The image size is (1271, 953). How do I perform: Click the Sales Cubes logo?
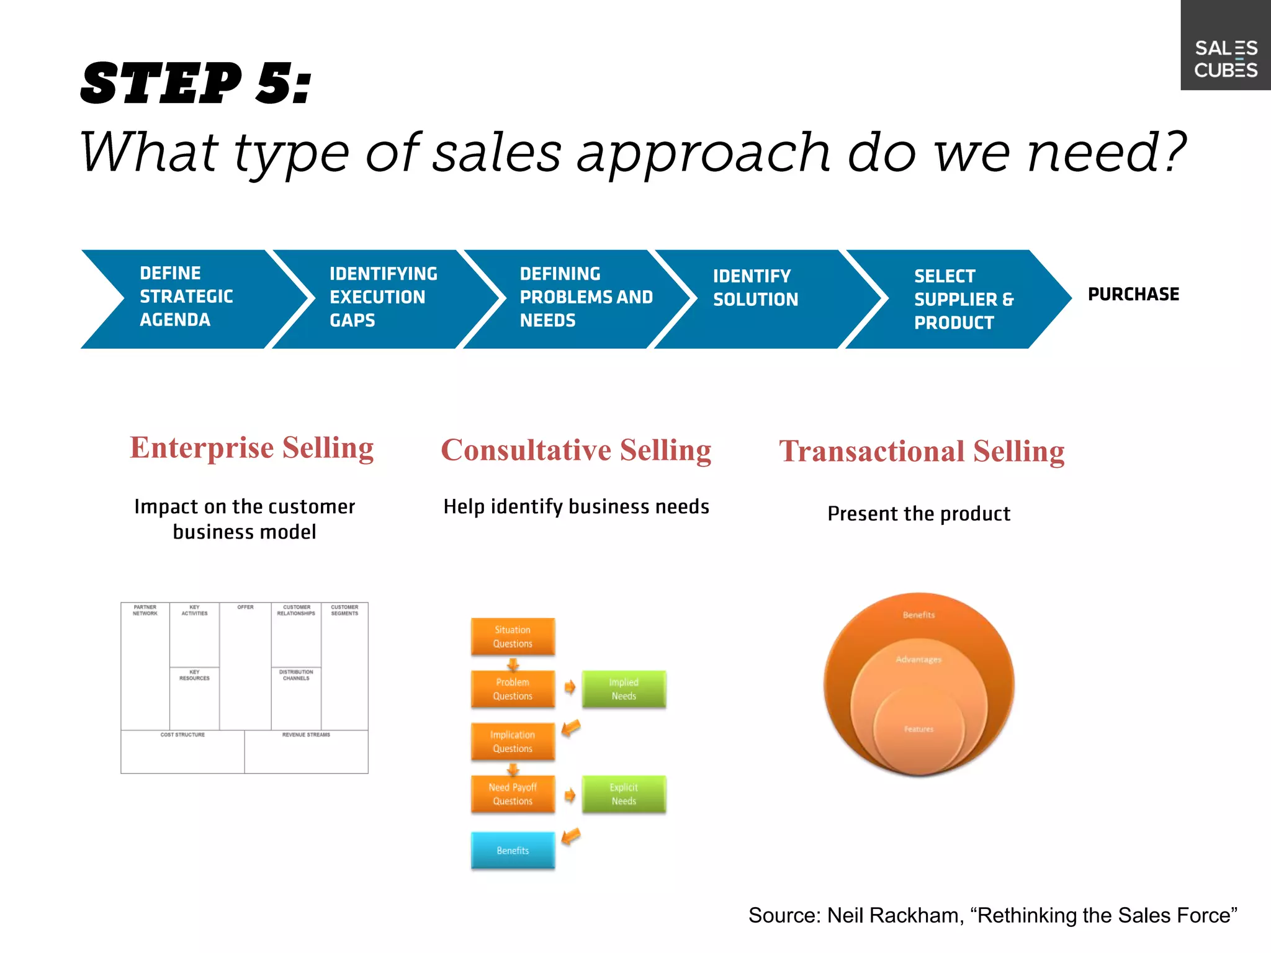[x=1226, y=58]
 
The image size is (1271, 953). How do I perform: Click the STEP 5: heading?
[x=196, y=83]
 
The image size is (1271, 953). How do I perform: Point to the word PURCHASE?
[x=1133, y=294]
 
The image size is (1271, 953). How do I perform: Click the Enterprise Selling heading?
[x=251, y=448]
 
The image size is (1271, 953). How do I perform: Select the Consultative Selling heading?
[x=576, y=450]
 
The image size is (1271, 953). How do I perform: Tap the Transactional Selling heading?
[x=922, y=452]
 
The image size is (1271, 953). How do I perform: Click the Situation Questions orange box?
[x=513, y=637]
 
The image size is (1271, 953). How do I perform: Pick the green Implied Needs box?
[x=624, y=689]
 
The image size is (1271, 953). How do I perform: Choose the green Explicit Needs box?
[x=624, y=794]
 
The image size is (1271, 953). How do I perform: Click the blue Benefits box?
[x=513, y=850]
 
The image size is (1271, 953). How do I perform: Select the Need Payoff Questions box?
[x=513, y=794]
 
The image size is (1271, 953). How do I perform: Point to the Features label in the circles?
[x=918, y=729]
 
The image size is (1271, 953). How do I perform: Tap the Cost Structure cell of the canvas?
[x=182, y=751]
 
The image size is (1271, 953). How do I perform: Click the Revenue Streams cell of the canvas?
[x=306, y=751]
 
